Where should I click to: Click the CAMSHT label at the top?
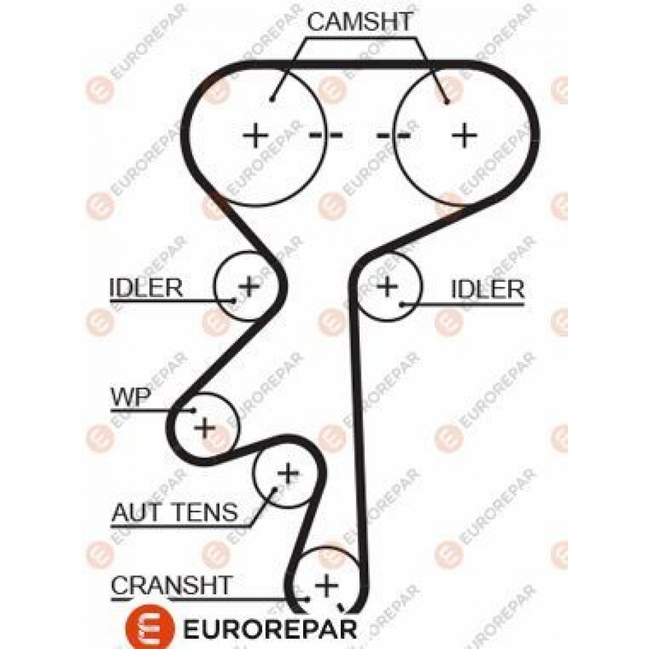pos(360,21)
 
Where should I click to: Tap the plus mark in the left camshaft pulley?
pos(255,135)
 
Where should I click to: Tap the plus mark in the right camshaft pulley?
pos(464,135)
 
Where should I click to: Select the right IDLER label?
pos(487,289)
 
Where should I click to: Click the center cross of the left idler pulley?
pos(249,286)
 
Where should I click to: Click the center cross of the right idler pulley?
pos(387,286)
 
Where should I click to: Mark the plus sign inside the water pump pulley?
pos(205,427)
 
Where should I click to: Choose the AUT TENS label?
pos(175,512)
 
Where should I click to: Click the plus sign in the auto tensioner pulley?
pos(288,473)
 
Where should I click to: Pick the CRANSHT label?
pos(171,585)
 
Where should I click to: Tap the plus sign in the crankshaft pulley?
pos(326,585)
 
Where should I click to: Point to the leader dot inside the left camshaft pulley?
pos(271,99)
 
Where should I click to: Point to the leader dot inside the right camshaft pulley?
pos(447,101)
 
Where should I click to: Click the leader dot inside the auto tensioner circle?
pos(274,489)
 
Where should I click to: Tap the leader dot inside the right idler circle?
pos(401,305)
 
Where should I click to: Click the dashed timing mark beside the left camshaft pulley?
pos(326,135)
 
